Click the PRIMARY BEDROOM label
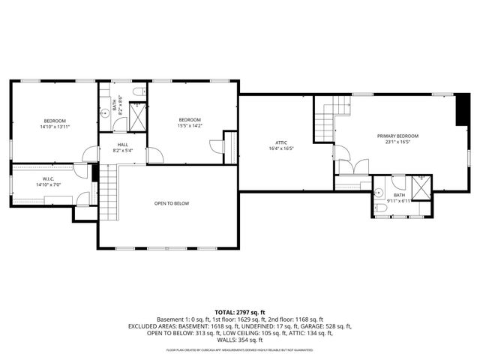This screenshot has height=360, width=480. [397, 136]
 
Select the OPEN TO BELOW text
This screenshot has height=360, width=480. [172, 203]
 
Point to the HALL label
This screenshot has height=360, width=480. [121, 145]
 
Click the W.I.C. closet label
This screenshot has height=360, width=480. [46, 178]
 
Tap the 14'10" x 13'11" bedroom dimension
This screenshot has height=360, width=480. [54, 127]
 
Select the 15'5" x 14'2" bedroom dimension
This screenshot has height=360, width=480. [190, 126]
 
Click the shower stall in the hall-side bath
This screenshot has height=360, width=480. [137, 115]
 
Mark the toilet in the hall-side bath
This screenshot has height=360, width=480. [136, 91]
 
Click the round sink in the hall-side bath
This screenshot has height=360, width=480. [106, 115]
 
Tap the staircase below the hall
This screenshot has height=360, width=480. [110, 192]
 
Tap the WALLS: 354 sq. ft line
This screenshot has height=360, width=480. [240, 340]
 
